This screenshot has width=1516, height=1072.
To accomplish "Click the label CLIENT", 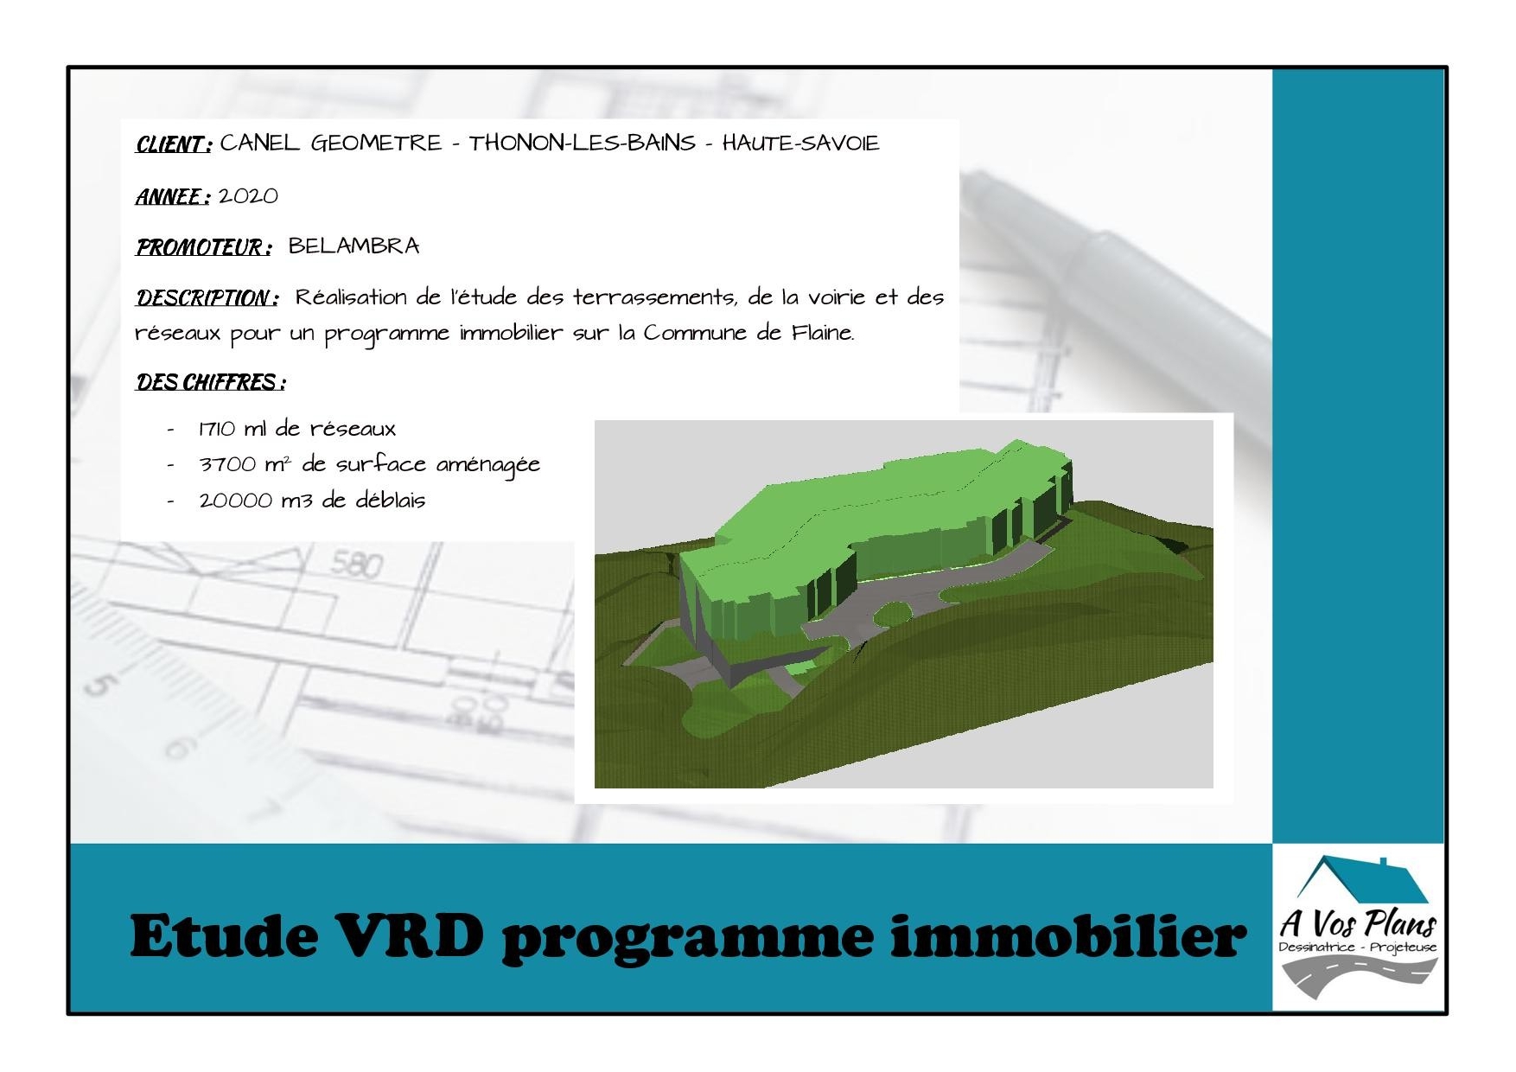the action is click(173, 144).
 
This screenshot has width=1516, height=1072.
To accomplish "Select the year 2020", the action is click(248, 196).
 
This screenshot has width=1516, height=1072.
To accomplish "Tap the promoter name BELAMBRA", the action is click(354, 246).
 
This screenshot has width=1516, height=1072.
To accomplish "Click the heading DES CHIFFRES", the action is click(210, 382).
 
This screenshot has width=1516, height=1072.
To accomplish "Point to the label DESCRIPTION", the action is click(207, 298).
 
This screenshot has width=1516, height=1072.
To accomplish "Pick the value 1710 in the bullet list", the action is click(217, 429).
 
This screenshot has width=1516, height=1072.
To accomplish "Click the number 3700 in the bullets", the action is click(227, 465).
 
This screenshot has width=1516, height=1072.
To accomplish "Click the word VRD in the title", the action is click(410, 935).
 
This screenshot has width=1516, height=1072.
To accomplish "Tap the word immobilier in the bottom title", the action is click(1068, 935).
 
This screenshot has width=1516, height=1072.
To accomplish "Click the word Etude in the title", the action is click(224, 935).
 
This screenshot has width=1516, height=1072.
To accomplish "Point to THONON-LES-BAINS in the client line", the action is click(583, 143).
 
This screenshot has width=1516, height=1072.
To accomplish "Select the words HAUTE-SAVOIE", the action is click(800, 143).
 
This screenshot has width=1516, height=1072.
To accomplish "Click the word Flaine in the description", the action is click(823, 333).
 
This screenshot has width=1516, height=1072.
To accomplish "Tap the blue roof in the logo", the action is click(1364, 880).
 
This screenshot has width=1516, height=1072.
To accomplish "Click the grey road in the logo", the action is click(1357, 975).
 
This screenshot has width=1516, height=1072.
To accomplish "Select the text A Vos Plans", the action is click(1358, 923).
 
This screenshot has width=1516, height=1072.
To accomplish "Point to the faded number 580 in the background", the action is click(356, 565).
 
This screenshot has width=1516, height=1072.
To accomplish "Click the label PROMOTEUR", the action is click(204, 248).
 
